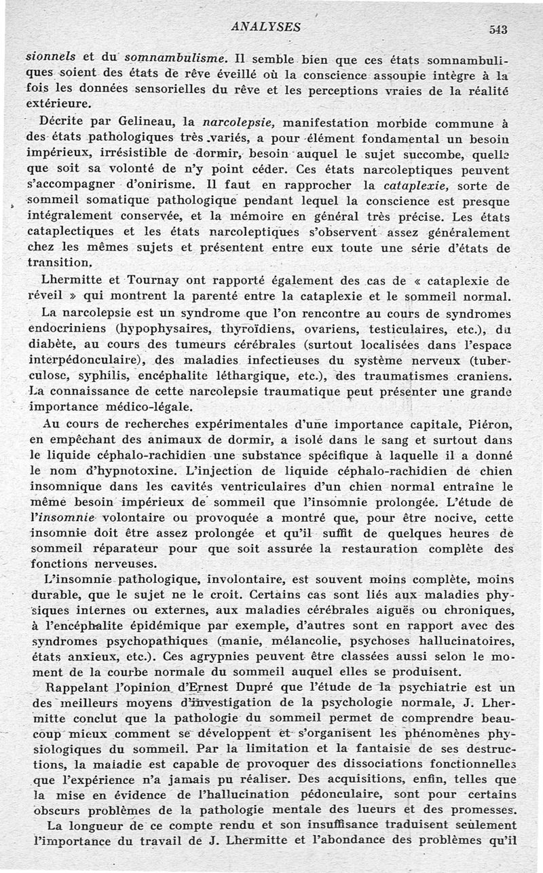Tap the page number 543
(x=498, y=29)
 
